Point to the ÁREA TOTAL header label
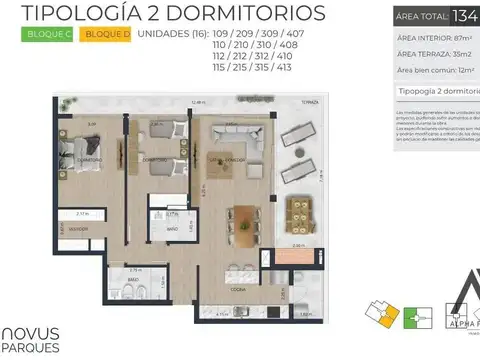pos(421,16)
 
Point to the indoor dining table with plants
pos(243,222)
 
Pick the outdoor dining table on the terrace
pos(299,212)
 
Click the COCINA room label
pos(238,288)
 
